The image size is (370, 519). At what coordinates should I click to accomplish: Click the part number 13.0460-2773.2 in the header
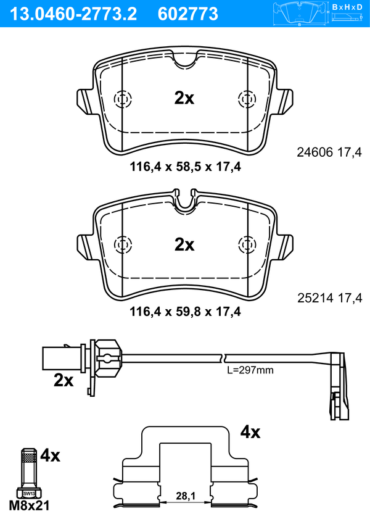(x=73, y=14)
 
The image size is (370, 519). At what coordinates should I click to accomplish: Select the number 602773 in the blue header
(x=188, y=14)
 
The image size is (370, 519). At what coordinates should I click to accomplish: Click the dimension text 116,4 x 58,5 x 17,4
(x=185, y=167)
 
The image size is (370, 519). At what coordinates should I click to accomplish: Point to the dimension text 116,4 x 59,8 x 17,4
(x=185, y=312)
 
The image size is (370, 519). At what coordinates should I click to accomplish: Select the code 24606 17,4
(x=329, y=152)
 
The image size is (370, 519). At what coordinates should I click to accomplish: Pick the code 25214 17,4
(x=330, y=298)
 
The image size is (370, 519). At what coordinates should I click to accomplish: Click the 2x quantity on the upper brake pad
(x=184, y=98)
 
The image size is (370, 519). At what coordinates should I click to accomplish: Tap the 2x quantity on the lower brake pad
(x=184, y=244)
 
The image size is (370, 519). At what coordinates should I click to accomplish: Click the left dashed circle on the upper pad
(x=123, y=99)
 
